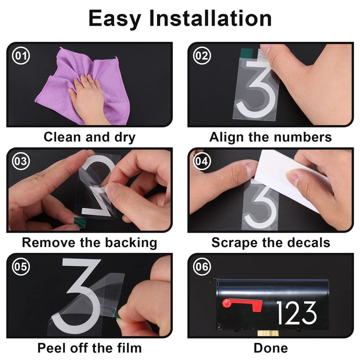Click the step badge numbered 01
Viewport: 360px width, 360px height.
point(21,55)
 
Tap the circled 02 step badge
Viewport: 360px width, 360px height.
point(202,55)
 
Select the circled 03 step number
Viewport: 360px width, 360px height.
point(21,161)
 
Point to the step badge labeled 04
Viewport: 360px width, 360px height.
point(202,161)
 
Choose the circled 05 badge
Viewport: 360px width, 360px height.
point(21,266)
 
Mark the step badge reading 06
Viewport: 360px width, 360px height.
point(202,266)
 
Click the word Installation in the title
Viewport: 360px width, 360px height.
point(211,18)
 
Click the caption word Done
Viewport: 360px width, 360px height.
point(271,348)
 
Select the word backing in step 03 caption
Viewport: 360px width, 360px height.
point(131,243)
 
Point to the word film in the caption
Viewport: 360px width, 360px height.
point(129,348)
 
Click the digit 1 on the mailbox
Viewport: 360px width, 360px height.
point(279,313)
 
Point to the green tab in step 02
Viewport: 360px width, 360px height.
point(246,54)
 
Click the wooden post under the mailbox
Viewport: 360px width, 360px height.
point(268,333)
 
